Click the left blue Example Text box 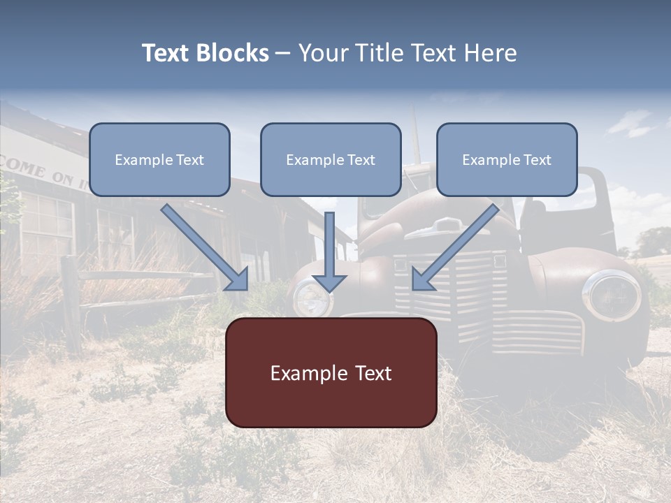159,160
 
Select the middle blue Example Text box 331,160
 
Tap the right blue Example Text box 507,160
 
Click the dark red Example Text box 331,373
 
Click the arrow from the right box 454,247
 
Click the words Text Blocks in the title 205,53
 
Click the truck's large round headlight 612,296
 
